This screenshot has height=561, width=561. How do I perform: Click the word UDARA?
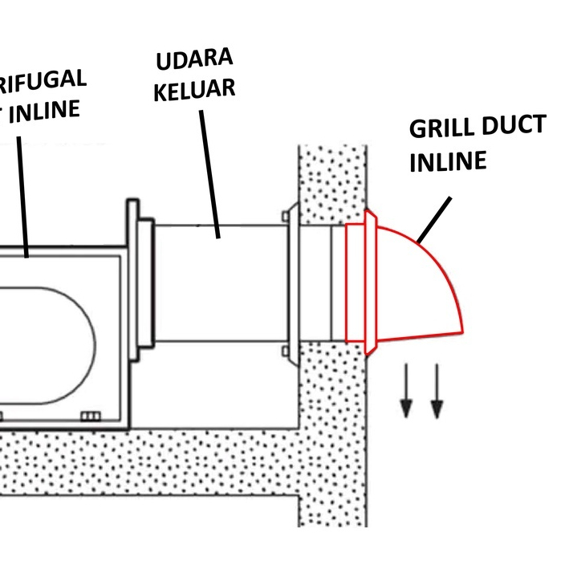[x=195, y=59]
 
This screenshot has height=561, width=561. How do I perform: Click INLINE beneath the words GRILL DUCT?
[x=449, y=161]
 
